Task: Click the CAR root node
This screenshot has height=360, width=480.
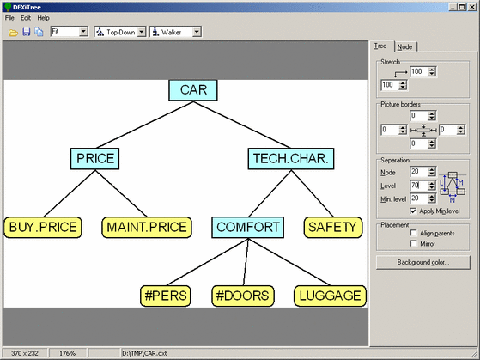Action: pos(193,90)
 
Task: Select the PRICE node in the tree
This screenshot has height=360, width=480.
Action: pos(95,159)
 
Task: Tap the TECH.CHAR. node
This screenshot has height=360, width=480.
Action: pos(291,159)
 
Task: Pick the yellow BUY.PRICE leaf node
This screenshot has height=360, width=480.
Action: pos(43,228)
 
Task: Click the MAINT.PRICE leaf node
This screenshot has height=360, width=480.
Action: pos(147,228)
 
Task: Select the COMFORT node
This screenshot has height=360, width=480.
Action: pos(247,228)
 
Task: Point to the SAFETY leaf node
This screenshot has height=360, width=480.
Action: pos(333,228)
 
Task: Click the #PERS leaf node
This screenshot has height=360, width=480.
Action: pos(166,296)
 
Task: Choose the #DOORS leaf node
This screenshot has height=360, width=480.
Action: pos(243,296)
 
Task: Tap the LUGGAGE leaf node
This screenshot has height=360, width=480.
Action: pos(330,296)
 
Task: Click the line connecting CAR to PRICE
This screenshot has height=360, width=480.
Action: pos(144,125)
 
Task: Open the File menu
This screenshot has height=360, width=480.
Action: pos(9,18)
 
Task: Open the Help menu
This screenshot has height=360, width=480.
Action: pos(44,18)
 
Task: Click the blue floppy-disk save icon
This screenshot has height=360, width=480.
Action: pos(27,32)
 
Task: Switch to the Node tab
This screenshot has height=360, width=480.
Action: pos(404,47)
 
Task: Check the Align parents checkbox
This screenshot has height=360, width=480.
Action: pos(414,233)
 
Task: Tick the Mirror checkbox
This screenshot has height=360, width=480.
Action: pos(414,243)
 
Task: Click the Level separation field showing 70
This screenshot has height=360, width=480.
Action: pos(418,186)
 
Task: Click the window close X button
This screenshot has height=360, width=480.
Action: pos(472,7)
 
